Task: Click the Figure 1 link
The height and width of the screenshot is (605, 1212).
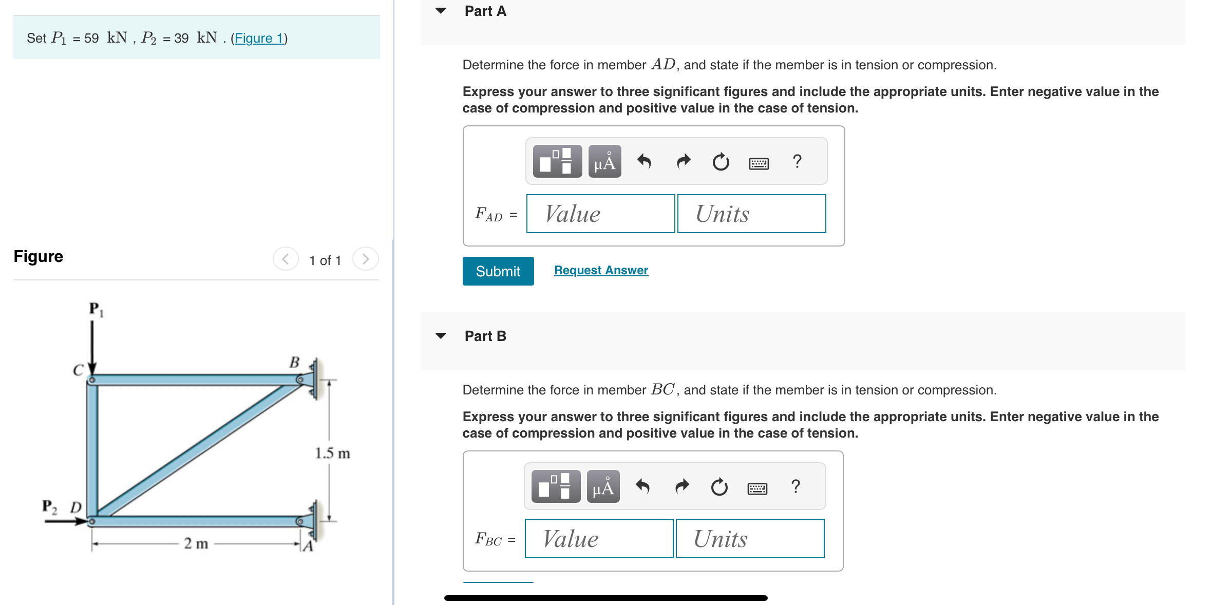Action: click(259, 38)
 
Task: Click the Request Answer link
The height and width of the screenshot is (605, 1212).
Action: click(601, 270)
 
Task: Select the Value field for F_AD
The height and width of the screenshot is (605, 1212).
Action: click(600, 214)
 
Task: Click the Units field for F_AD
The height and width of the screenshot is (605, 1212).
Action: click(751, 214)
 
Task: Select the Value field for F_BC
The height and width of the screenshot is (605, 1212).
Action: click(599, 539)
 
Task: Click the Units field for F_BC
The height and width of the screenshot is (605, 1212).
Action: click(750, 539)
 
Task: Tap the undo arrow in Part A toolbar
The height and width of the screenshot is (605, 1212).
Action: click(644, 162)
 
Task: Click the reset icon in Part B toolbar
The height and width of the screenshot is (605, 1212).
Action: click(719, 487)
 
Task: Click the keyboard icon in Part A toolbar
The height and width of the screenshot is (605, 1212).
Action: click(759, 163)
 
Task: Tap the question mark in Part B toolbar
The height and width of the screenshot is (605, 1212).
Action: click(796, 486)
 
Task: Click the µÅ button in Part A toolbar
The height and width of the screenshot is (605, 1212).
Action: click(604, 162)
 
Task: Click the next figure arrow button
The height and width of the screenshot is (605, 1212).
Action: click(365, 259)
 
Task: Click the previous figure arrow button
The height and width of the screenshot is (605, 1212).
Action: click(286, 259)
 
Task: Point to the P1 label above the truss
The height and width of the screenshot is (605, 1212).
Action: click(96, 309)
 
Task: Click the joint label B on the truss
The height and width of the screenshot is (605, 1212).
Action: click(294, 363)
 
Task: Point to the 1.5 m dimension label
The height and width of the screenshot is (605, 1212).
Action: click(332, 453)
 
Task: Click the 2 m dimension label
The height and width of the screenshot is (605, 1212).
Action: click(196, 543)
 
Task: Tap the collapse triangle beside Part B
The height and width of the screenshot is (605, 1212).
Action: click(441, 336)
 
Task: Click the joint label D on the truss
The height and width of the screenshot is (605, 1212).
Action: click(76, 507)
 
